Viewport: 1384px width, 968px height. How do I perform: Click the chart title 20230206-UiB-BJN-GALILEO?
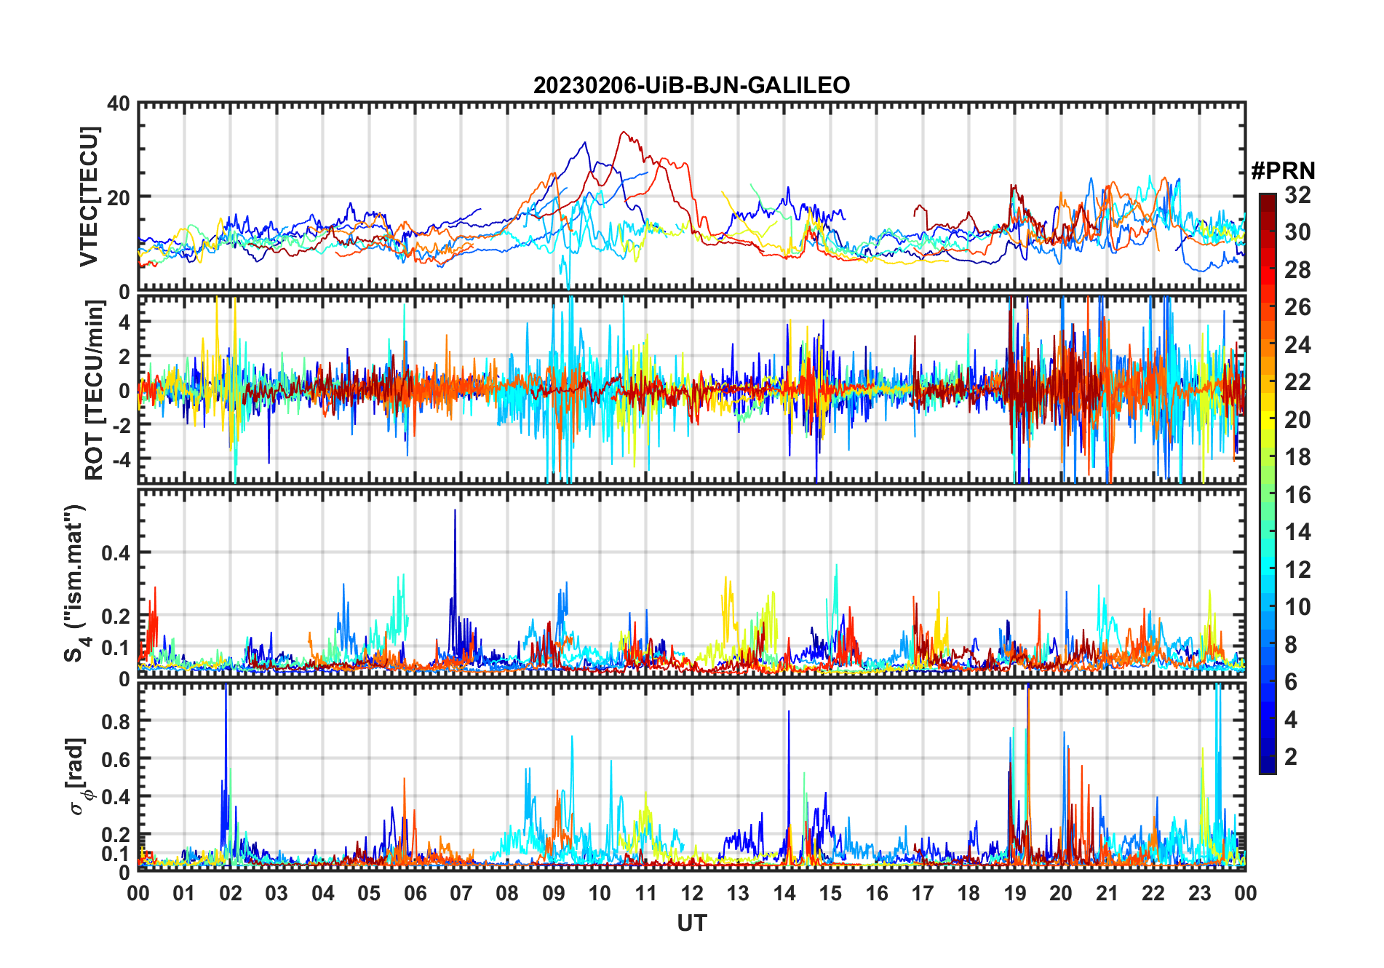coord(691,85)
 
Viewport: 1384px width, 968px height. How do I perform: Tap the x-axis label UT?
coord(691,923)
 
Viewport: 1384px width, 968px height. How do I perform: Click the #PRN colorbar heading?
coord(1283,171)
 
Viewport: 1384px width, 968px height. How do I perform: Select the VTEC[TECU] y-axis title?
coord(89,197)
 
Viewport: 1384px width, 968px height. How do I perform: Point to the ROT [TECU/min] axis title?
coord(94,390)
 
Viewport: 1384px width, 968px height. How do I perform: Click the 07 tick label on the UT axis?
coord(461,893)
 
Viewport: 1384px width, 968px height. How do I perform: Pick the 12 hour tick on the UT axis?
coord(692,893)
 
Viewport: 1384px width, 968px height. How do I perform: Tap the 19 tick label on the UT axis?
coord(1015,893)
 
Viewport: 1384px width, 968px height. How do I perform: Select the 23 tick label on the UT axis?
coord(1199,893)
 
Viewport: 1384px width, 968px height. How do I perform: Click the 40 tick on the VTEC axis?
coord(119,103)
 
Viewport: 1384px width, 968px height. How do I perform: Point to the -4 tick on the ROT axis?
coord(119,459)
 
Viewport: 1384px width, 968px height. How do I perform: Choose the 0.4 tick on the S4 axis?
coord(116,552)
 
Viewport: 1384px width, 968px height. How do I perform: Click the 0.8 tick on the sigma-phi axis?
coord(116,721)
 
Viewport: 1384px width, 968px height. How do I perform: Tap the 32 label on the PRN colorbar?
coord(1297,195)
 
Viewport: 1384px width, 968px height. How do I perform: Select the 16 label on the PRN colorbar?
coord(1297,495)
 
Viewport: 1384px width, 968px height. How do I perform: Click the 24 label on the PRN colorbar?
coord(1297,345)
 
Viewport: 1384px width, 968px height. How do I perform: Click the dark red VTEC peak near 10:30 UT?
coord(623,132)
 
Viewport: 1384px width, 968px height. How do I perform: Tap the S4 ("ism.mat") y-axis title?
coord(76,584)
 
